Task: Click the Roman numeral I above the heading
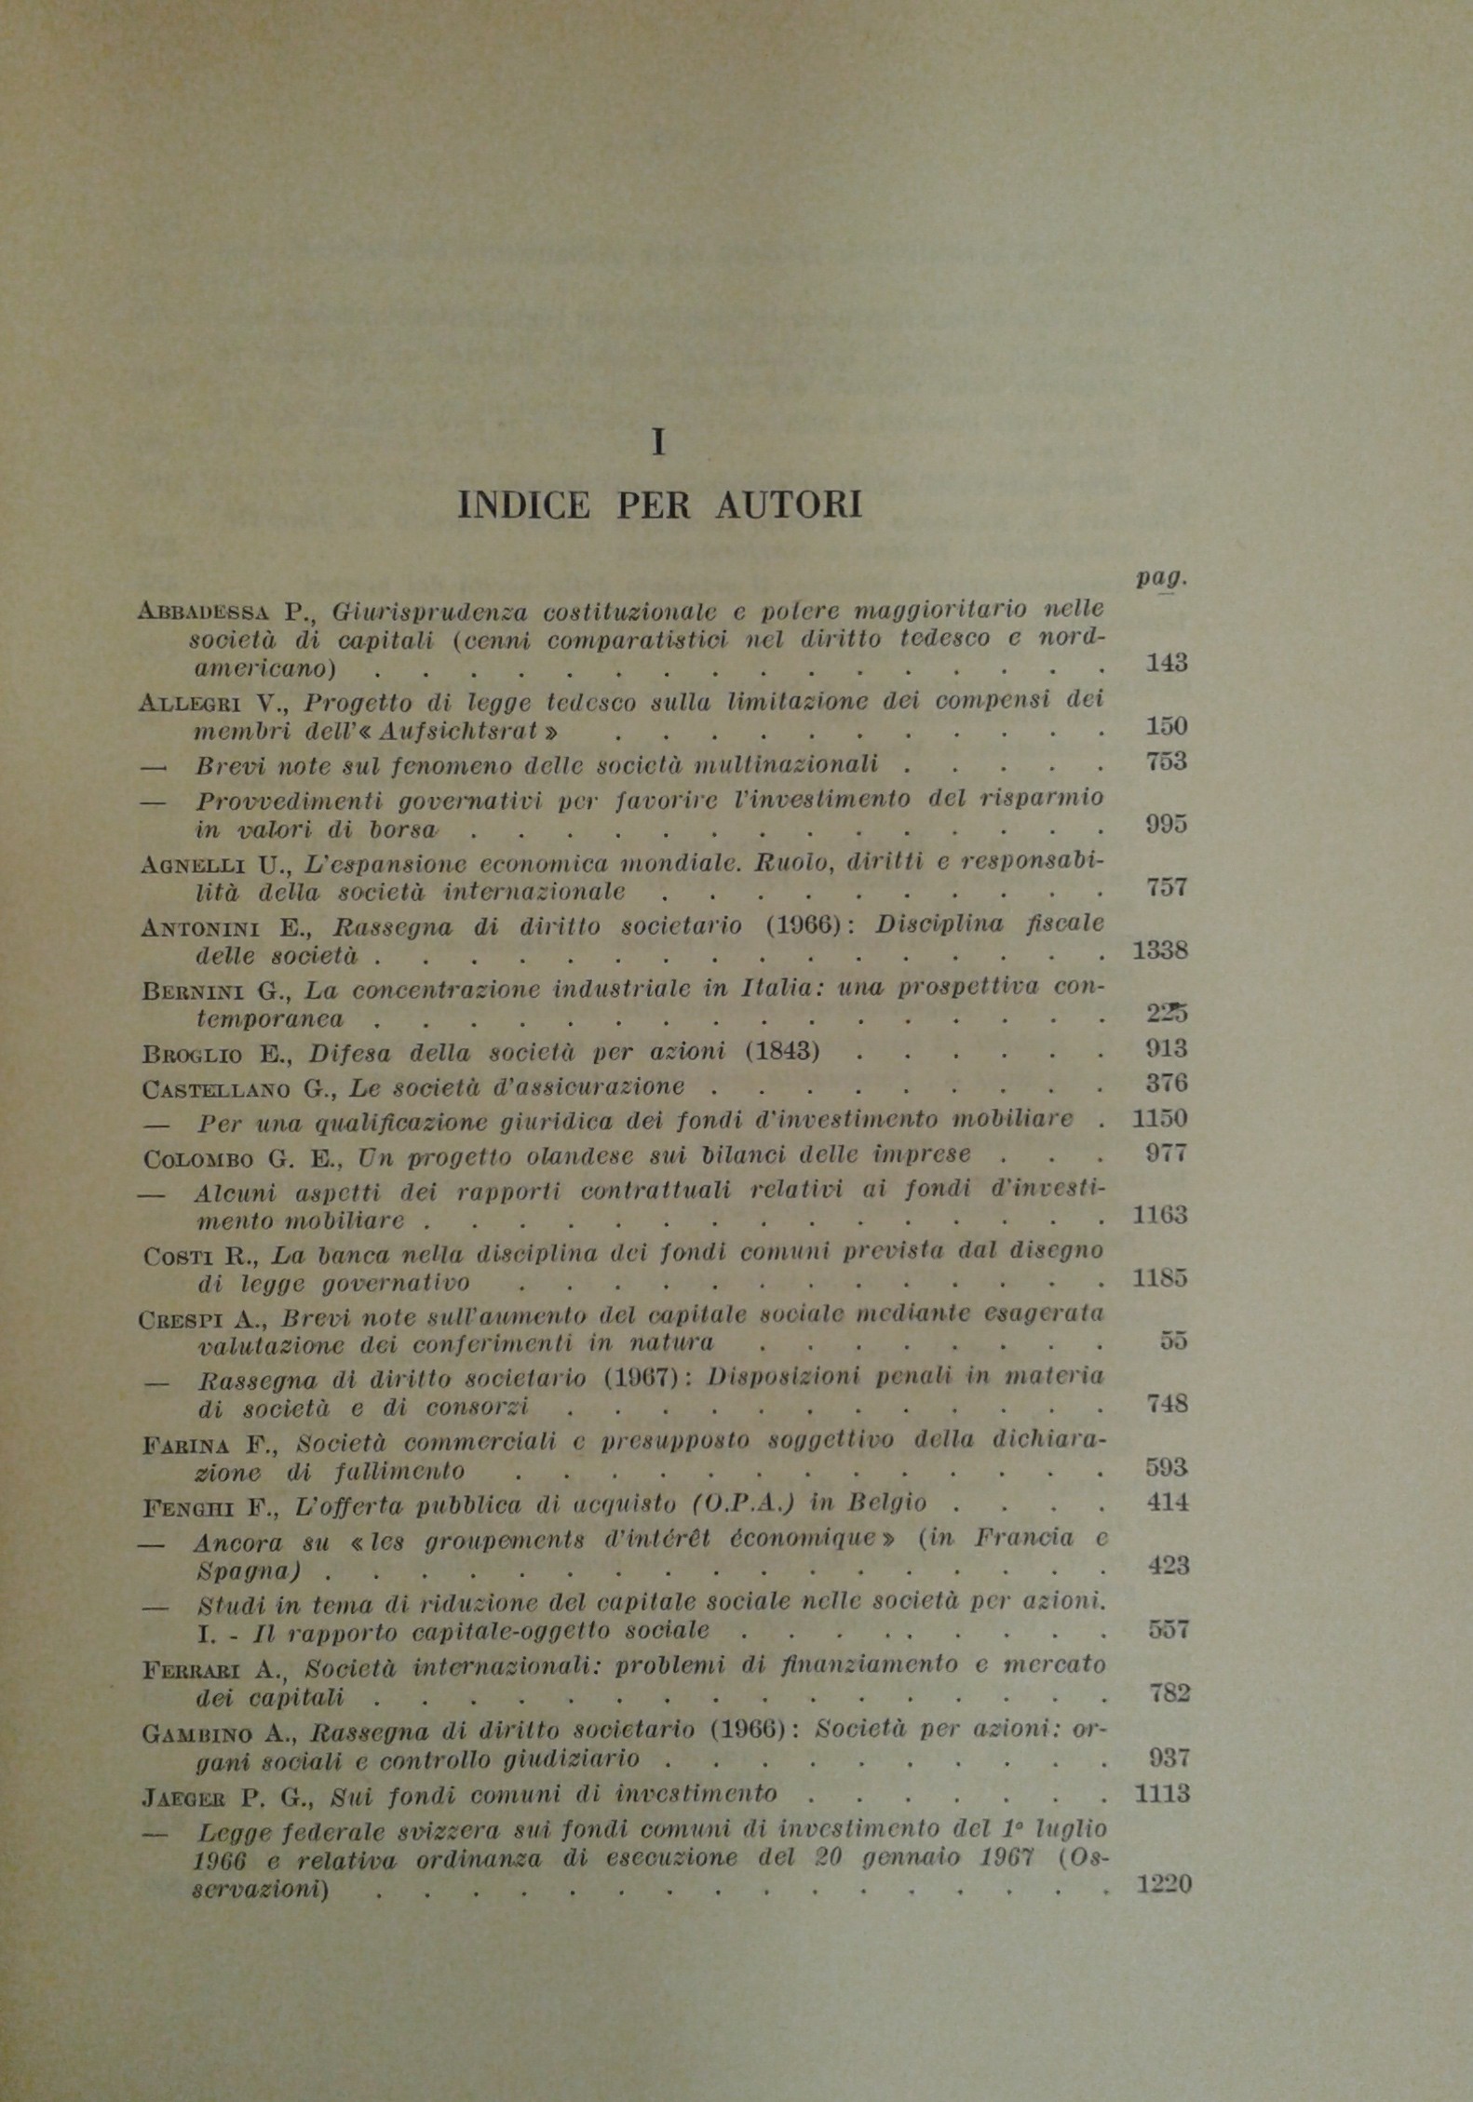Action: click(658, 443)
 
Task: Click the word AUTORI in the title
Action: click(789, 505)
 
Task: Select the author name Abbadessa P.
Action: click(223, 612)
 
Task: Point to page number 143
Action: click(1167, 663)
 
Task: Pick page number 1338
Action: click(1159, 950)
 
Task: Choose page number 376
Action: click(1167, 1084)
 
